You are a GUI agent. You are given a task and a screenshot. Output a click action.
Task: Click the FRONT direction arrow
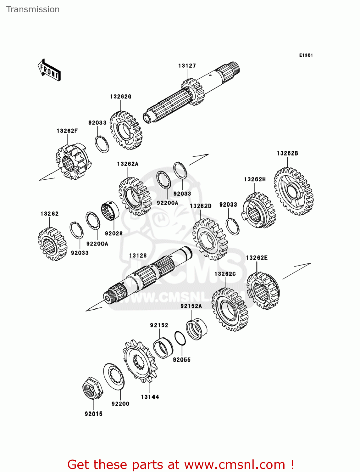tap(49, 70)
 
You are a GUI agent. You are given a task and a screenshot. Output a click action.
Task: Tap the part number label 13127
tap(187, 66)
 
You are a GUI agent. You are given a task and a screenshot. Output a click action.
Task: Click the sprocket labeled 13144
tap(139, 361)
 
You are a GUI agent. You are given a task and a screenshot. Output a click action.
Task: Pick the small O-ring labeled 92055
tap(180, 338)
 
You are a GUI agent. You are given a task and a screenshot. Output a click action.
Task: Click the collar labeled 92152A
tap(196, 329)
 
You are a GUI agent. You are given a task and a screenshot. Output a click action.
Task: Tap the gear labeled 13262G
tap(126, 130)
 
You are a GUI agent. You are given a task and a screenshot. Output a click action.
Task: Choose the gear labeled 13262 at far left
tap(53, 244)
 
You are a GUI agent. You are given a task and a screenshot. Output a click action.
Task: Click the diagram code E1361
tap(306, 55)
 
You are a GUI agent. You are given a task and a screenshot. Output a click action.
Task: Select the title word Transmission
tap(33, 9)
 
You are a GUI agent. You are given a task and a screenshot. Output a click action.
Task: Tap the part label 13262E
tap(257, 258)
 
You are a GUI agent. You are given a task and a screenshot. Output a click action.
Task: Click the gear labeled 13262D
tap(210, 239)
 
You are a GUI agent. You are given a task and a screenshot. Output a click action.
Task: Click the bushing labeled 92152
tap(163, 348)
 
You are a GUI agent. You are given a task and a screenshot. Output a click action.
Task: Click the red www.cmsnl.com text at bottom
tap(234, 464)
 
